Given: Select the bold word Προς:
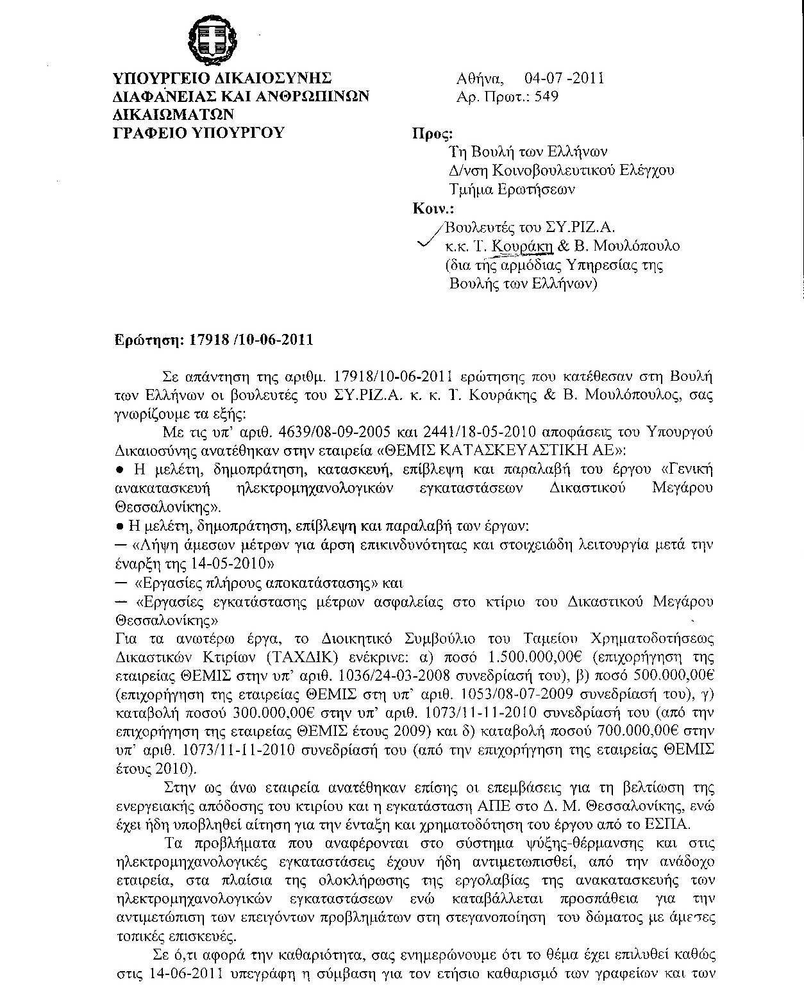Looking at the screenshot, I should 431,135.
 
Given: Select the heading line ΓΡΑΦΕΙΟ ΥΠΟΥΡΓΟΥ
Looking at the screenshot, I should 198,133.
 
